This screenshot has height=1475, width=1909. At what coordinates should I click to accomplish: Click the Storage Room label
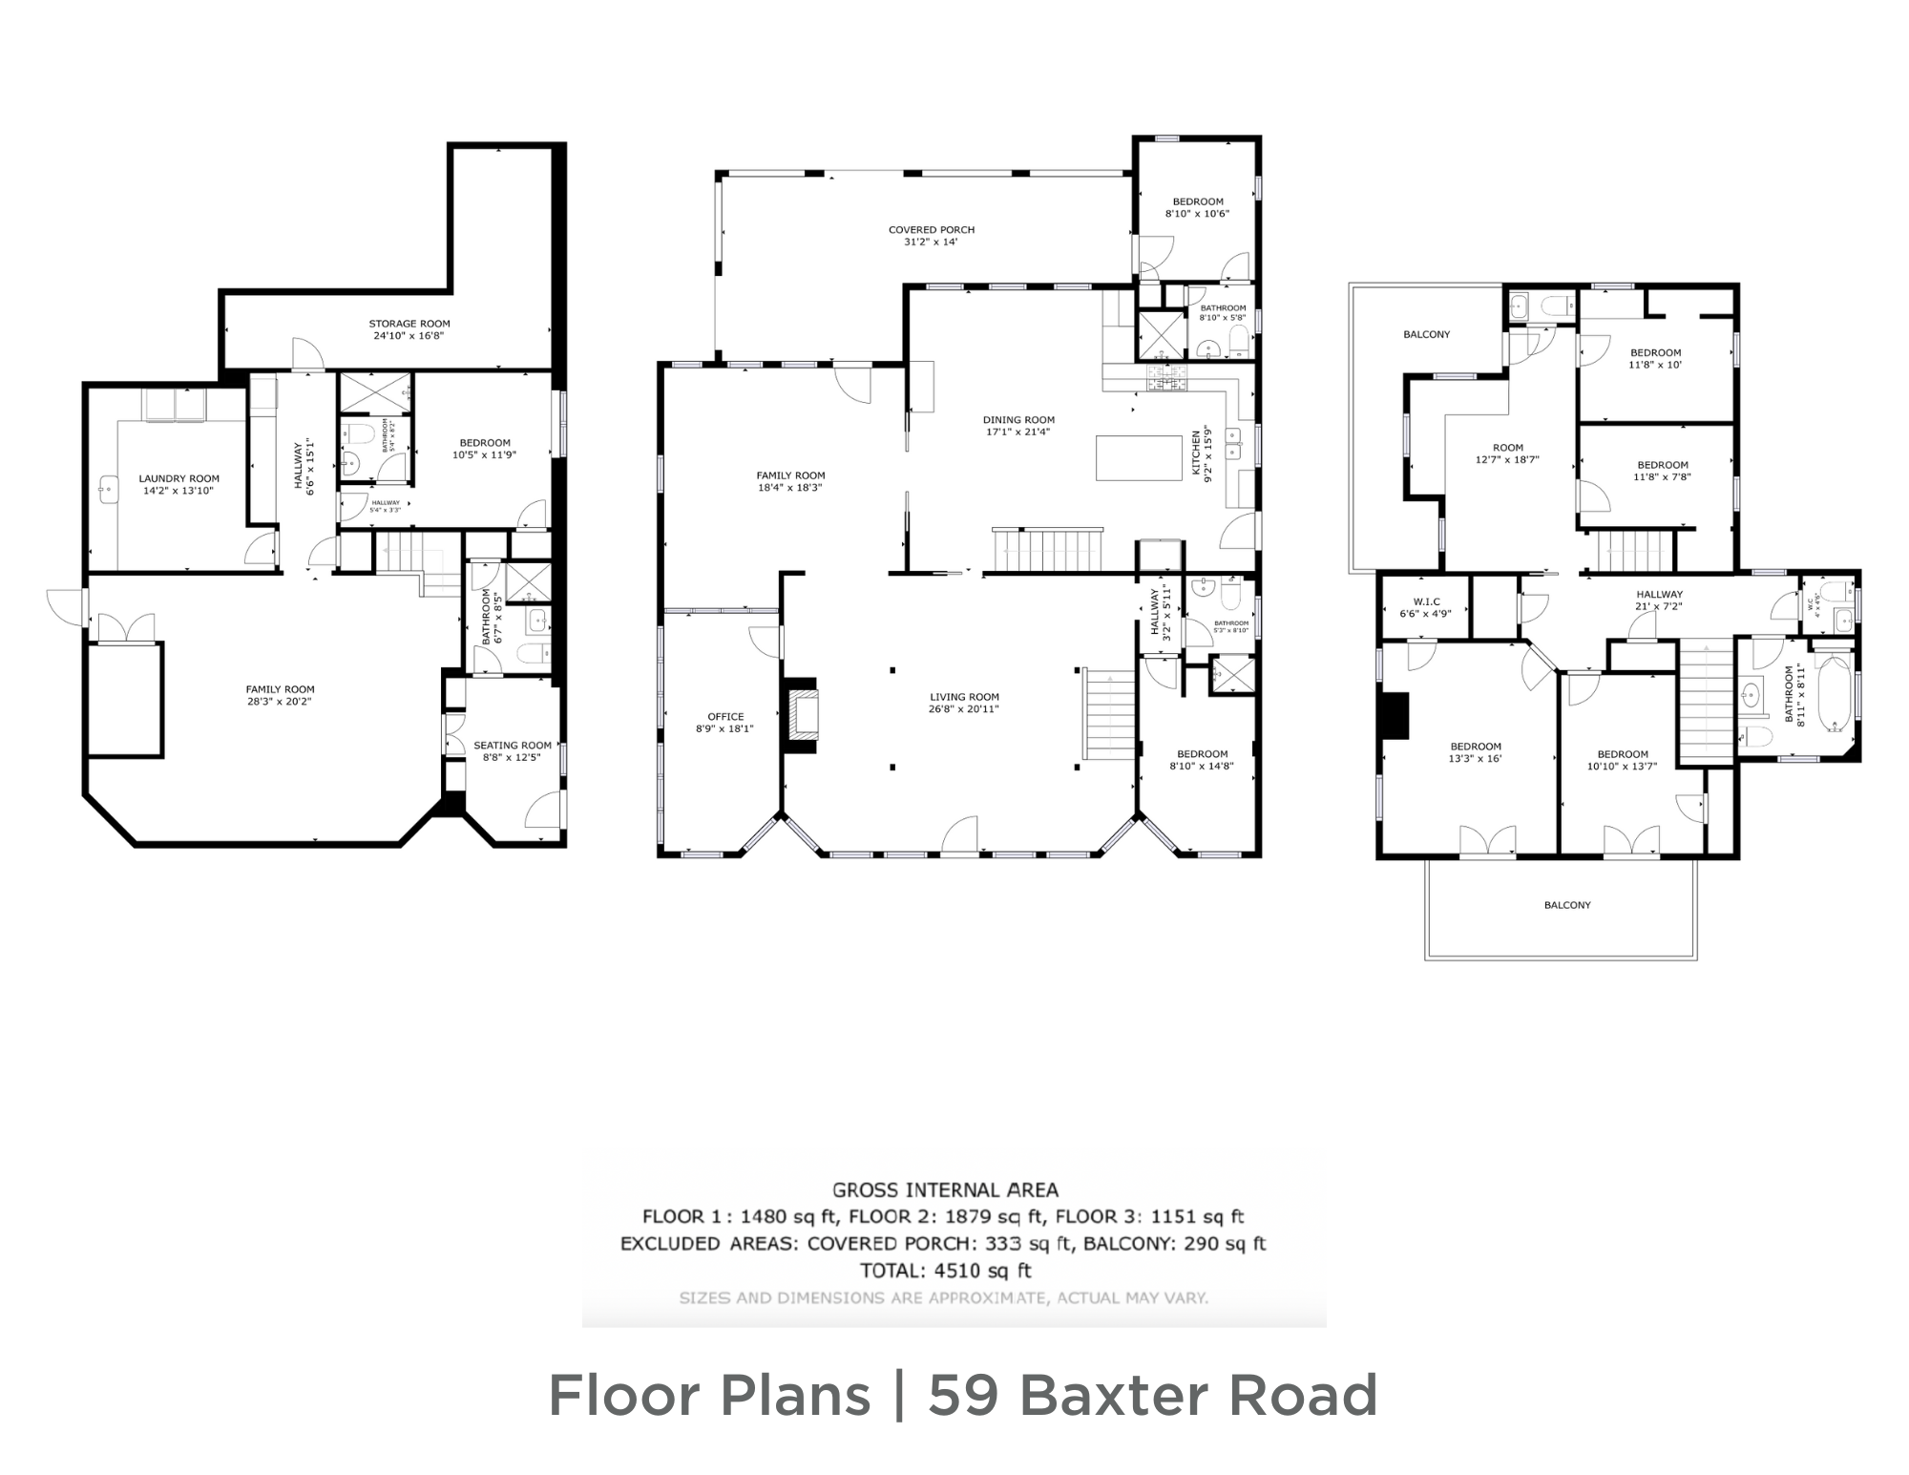pos(409,324)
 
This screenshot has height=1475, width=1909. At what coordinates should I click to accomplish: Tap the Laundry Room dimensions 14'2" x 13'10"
pos(179,491)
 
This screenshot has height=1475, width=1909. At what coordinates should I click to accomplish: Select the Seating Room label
pos(513,746)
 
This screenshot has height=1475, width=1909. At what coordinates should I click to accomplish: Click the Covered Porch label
pos(932,230)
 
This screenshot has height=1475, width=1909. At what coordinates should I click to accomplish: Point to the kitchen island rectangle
pos(1139,457)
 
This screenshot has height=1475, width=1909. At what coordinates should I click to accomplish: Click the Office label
pos(725,717)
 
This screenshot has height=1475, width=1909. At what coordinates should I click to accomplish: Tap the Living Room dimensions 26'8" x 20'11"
pos(964,709)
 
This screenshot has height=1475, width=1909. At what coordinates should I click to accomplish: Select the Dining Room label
pos(1018,420)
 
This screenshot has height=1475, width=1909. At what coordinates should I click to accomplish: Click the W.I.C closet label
pos(1426,601)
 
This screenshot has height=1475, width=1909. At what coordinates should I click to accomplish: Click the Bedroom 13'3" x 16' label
pos(1476,747)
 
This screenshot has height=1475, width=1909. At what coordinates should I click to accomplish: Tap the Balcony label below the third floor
pos(1567,905)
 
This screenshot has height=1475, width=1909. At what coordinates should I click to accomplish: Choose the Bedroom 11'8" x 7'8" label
pos(1662,466)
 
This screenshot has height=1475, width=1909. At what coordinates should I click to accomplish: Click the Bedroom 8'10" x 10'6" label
pos(1198,201)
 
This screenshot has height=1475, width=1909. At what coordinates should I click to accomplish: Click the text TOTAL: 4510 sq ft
pos(945,1271)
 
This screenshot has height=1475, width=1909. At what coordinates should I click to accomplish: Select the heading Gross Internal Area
pos(945,1191)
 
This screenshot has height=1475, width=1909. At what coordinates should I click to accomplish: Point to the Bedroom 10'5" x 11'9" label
pos(485,443)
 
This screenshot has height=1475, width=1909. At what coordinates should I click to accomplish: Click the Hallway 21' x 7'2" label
pos(1659,595)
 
